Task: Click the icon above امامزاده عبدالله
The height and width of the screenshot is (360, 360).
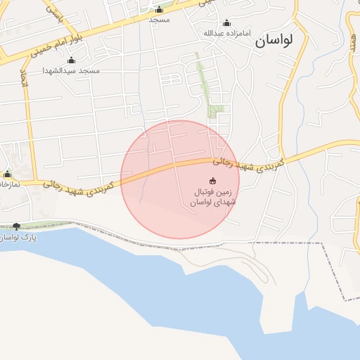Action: pos(226,22)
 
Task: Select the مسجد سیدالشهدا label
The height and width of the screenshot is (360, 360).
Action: pos(72,70)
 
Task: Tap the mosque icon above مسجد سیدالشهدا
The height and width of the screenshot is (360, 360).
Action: pos(71,60)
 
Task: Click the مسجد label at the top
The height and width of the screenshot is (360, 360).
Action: pos(159,20)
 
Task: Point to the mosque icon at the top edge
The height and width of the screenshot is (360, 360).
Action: pos(159,10)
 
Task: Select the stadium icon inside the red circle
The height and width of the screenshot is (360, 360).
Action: pos(213,180)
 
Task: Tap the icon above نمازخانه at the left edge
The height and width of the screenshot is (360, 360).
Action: pos(8,174)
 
